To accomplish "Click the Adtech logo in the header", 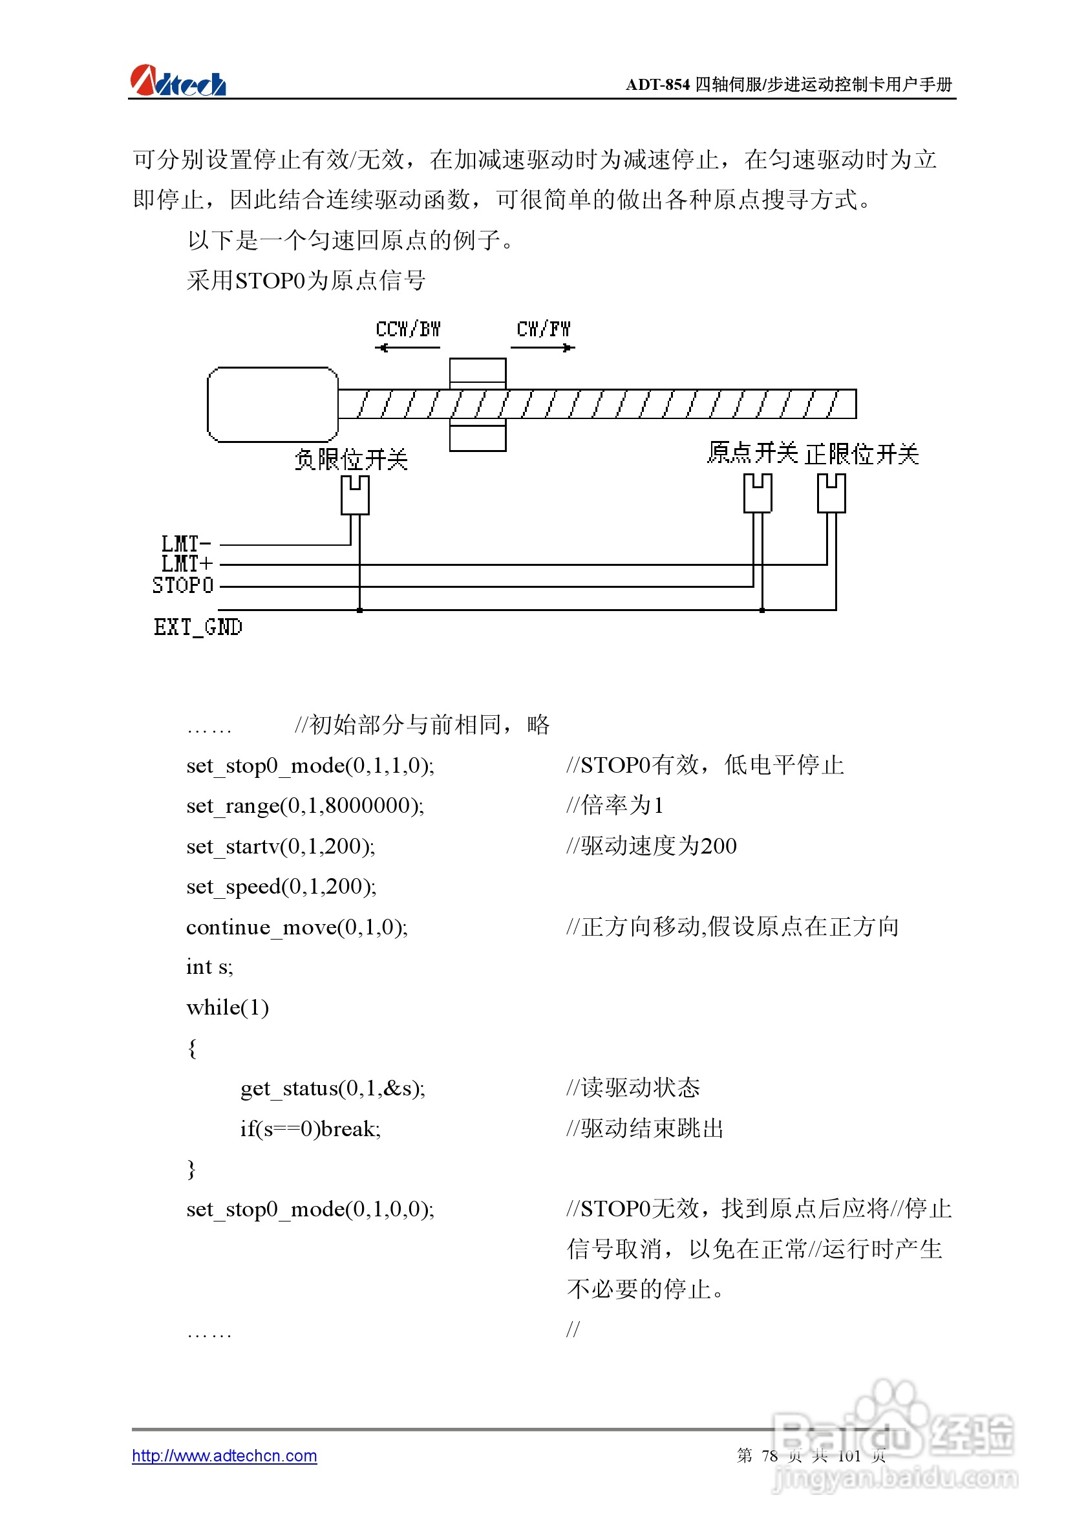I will pos(178,81).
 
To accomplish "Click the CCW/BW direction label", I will pos(408,329).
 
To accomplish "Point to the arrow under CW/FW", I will pos(542,347).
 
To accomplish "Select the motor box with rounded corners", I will pos(273,404).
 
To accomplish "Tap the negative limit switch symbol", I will pos(354,495).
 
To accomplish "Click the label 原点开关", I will pos(752,453).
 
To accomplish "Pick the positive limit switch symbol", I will pos(831,493).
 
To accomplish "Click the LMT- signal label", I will pos(186,543).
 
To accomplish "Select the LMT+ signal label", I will pos(186,564).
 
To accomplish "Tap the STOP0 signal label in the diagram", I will pos(183,585).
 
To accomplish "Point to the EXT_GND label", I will pos(198,627).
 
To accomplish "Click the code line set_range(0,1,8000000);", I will pos(305,805).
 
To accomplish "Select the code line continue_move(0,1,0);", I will pos(297,927).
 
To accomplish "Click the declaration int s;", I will pos(209,967).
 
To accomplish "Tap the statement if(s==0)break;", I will pos(310,1129).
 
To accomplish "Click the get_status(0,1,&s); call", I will pos(332,1088).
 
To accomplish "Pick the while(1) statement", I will pos(228,1007).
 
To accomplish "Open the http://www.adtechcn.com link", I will pos(224,1455).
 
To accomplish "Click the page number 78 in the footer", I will pos(769,1455).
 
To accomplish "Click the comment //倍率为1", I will pos(615,805).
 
